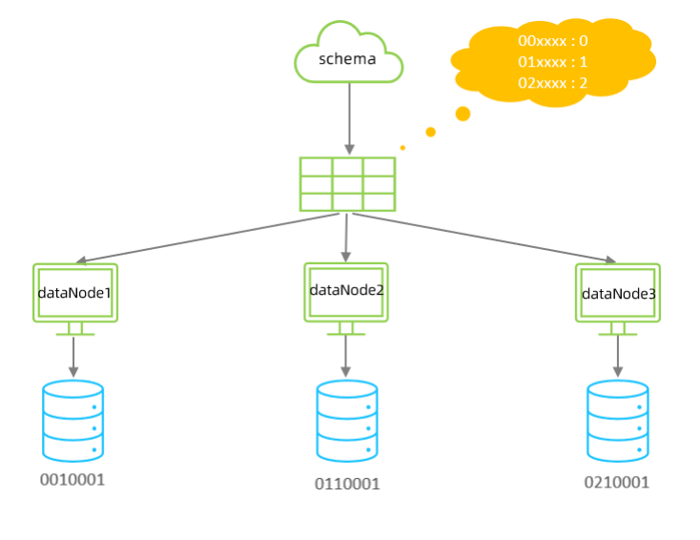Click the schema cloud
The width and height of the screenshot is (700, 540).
348,57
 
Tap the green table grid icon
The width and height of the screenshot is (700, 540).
347,184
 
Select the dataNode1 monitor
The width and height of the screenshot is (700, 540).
75,293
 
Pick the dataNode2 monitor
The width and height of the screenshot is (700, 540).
346,291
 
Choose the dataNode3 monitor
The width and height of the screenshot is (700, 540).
618,293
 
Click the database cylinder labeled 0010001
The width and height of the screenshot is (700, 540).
73,421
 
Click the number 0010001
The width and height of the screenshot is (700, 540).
72,479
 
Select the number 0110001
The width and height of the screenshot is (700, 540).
347,484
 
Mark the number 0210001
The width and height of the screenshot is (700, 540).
617,483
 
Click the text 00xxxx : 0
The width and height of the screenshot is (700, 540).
553,41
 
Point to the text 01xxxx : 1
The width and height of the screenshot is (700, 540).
553,62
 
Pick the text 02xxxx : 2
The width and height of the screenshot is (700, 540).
553,83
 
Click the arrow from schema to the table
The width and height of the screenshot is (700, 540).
349,116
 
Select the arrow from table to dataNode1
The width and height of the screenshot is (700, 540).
210,238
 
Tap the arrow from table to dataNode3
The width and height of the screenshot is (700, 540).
482,237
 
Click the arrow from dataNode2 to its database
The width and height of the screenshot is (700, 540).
345,355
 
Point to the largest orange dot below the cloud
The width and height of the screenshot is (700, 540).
463,114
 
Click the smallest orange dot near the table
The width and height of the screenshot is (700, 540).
402,148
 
